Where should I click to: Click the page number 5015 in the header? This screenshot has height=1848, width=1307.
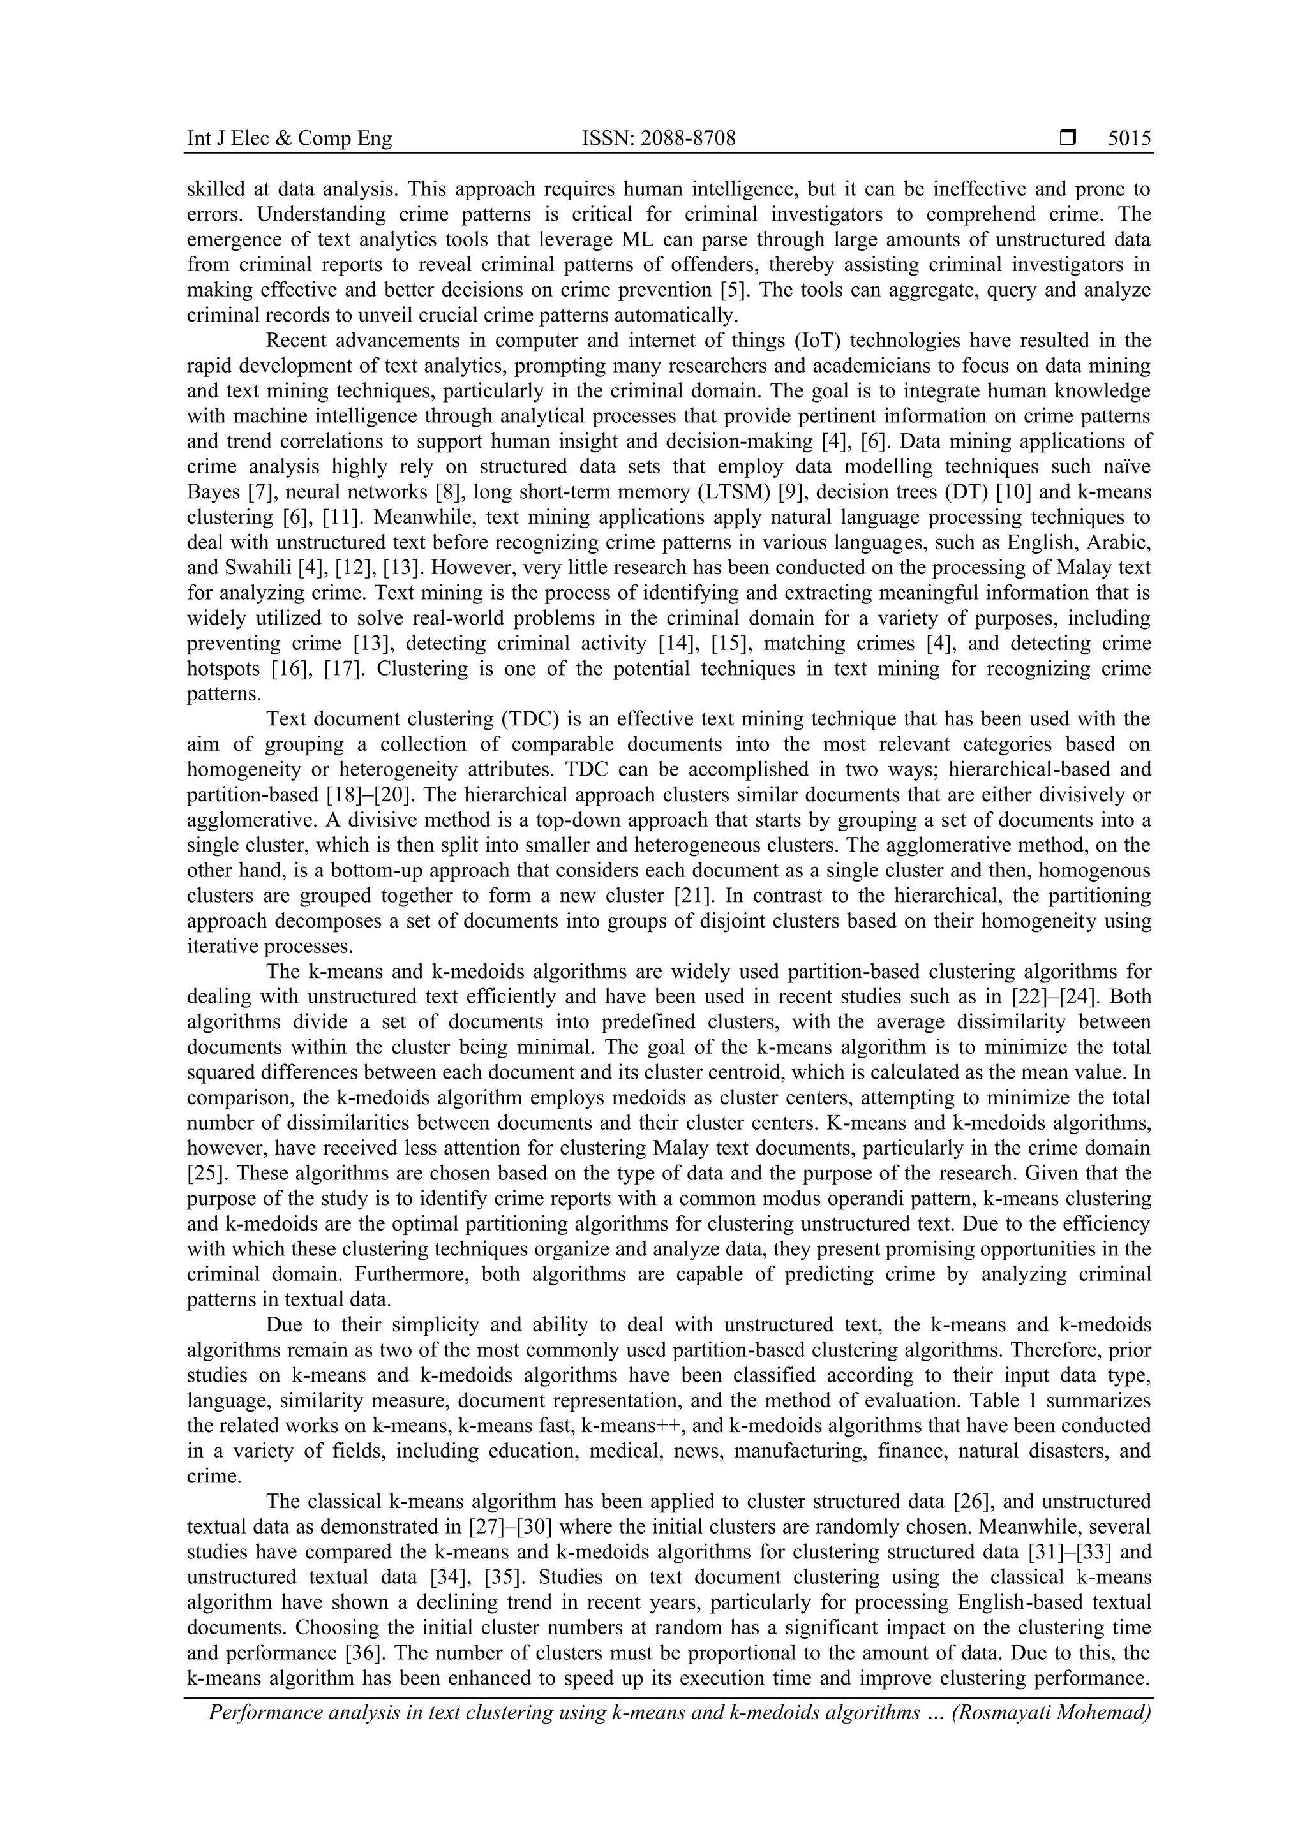point(1129,139)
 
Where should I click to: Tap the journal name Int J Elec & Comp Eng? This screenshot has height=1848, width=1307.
point(289,139)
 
